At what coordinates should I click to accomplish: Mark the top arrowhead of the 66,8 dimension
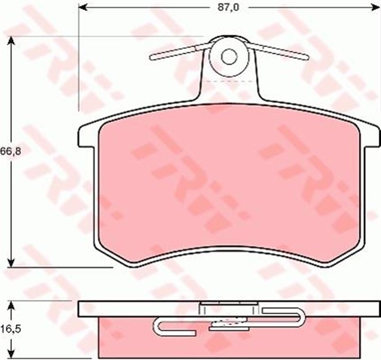point(11,40)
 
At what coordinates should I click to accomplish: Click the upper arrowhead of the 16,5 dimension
point(11,305)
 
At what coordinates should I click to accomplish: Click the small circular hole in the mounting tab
point(230,57)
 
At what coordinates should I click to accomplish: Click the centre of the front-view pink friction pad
point(229,190)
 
